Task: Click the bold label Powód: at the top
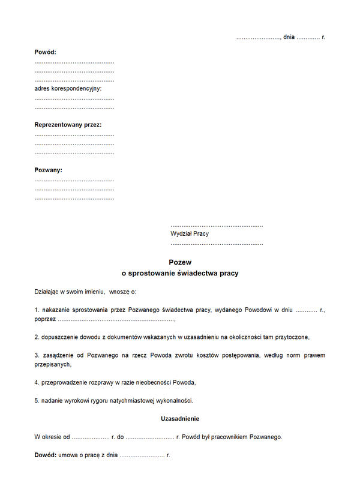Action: click(x=45, y=52)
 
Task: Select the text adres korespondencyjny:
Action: click(x=68, y=88)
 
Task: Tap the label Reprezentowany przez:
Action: click(x=68, y=125)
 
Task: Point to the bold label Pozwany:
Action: click(x=49, y=170)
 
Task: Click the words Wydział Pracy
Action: click(x=190, y=233)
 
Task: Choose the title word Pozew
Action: click(x=180, y=262)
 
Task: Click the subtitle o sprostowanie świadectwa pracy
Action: click(x=180, y=273)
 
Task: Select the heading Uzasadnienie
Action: click(x=180, y=418)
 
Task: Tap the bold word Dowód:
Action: click(x=45, y=455)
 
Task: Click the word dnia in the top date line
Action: click(x=289, y=37)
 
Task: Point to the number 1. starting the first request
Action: click(x=37, y=310)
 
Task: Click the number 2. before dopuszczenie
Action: click(x=37, y=337)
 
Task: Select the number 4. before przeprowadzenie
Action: click(x=37, y=382)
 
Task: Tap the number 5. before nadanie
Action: click(x=37, y=400)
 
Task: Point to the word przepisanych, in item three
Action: click(x=53, y=364)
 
